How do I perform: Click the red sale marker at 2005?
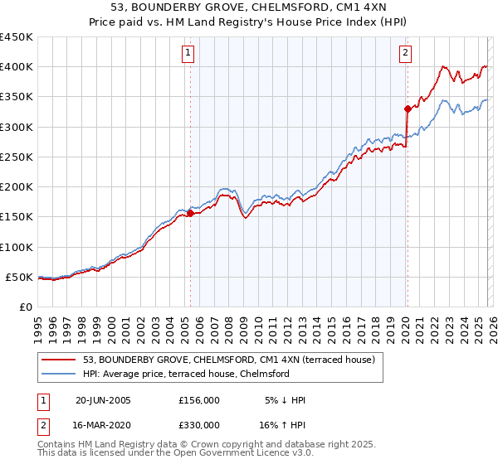pos(190,213)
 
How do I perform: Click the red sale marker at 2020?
pos(407,109)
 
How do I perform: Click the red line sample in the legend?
pos(59,360)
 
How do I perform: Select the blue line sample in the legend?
pos(59,374)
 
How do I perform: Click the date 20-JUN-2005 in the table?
pos(103,400)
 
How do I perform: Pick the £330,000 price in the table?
pos(199,425)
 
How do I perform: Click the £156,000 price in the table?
pos(199,400)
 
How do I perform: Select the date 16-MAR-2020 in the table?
pos(103,425)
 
